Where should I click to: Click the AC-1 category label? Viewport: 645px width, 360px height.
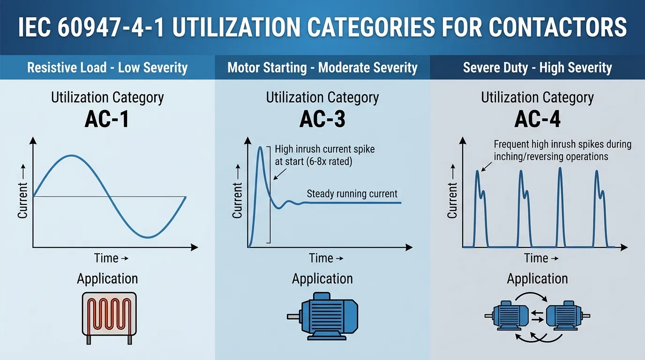(x=107, y=119)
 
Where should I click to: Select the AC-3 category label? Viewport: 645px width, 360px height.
(x=322, y=119)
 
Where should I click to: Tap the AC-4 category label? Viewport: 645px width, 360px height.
(x=537, y=119)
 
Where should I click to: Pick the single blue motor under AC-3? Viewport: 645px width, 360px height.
(x=322, y=316)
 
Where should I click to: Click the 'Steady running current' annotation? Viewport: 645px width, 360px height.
(x=352, y=194)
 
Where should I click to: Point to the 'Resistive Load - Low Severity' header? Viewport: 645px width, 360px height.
(x=107, y=67)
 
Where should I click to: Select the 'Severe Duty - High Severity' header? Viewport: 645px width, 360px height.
(x=537, y=67)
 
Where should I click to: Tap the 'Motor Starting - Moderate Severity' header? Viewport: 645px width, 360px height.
(x=322, y=67)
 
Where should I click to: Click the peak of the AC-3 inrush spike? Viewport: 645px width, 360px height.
(x=260, y=147)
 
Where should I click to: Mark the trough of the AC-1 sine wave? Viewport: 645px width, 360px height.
(x=148, y=237)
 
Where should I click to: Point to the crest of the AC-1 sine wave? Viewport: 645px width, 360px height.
(x=71, y=156)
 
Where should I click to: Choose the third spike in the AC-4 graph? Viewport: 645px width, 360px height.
(x=560, y=207)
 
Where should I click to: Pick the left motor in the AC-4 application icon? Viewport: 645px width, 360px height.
(x=507, y=315)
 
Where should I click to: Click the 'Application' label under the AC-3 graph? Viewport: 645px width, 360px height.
(x=322, y=278)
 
